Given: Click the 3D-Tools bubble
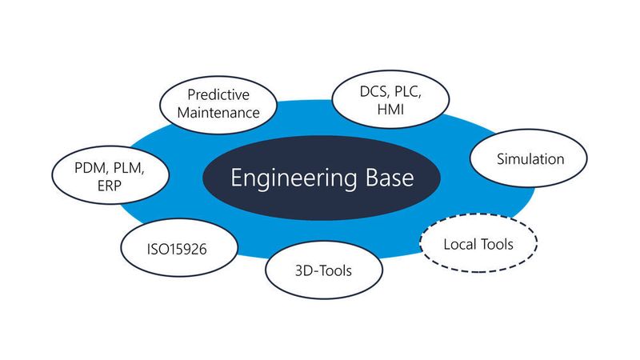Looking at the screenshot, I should tap(319, 270).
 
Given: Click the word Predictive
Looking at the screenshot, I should tap(220, 94).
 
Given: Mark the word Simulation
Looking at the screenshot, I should tap(530, 158).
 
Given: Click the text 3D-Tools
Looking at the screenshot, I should tap(319, 270).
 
